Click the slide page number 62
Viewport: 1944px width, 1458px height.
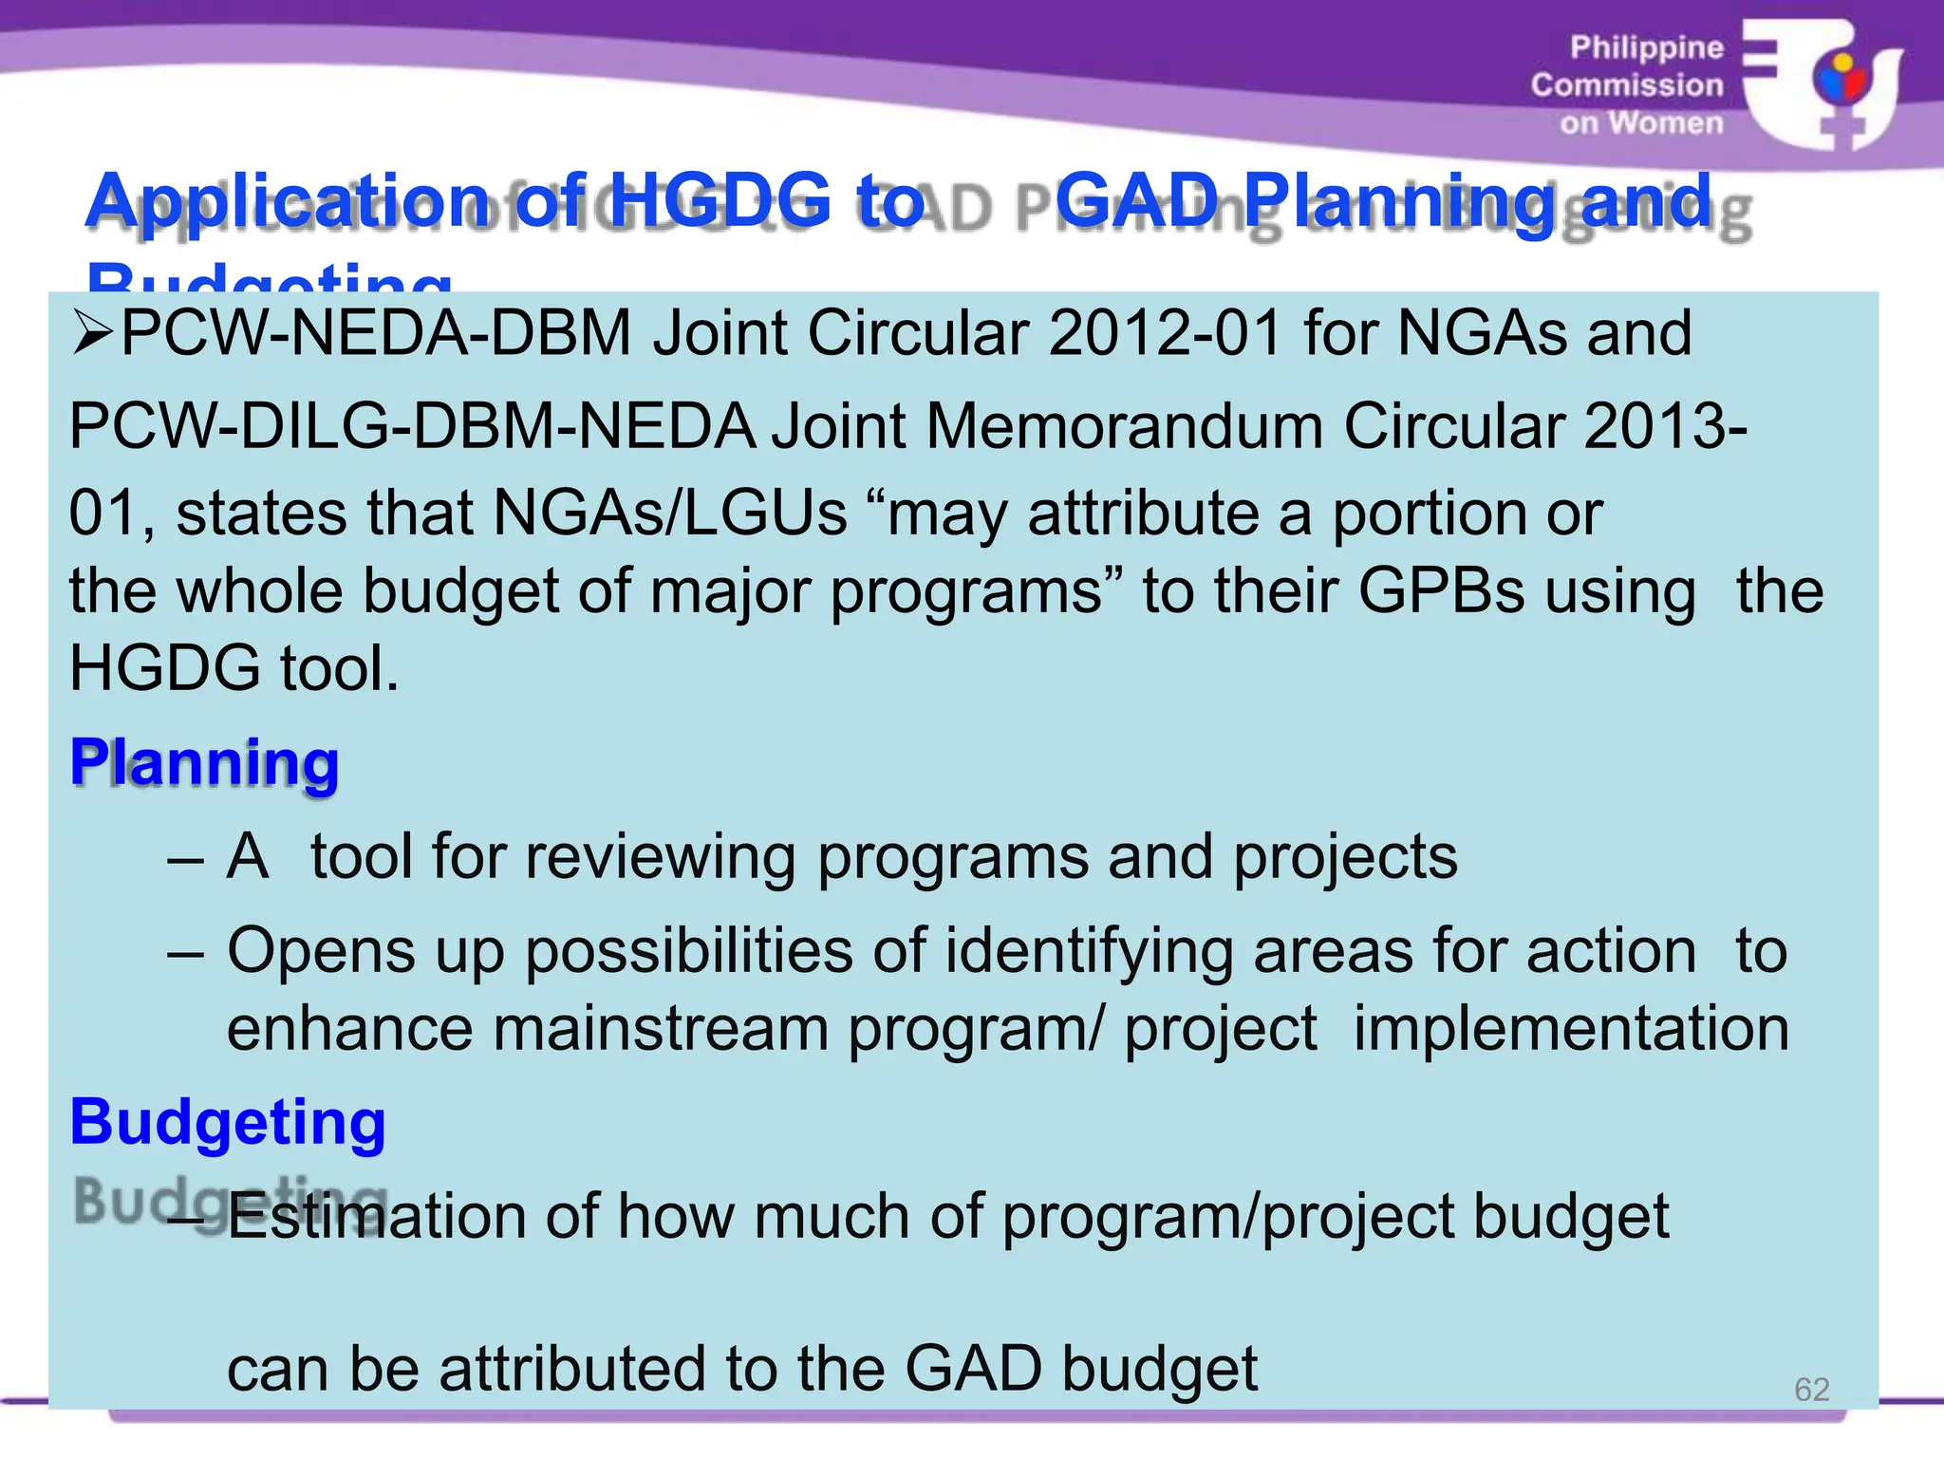coord(1811,1390)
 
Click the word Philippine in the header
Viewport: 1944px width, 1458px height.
coord(1646,47)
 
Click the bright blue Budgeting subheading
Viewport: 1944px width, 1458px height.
coord(228,1122)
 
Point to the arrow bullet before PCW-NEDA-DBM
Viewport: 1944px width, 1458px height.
coord(92,333)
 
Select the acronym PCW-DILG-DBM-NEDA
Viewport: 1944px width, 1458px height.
coord(412,425)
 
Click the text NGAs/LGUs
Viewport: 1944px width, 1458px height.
coord(670,514)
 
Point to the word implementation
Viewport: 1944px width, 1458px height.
coord(1571,1028)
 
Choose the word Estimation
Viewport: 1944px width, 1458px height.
coord(376,1216)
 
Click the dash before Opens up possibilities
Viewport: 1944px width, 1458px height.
coord(185,950)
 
